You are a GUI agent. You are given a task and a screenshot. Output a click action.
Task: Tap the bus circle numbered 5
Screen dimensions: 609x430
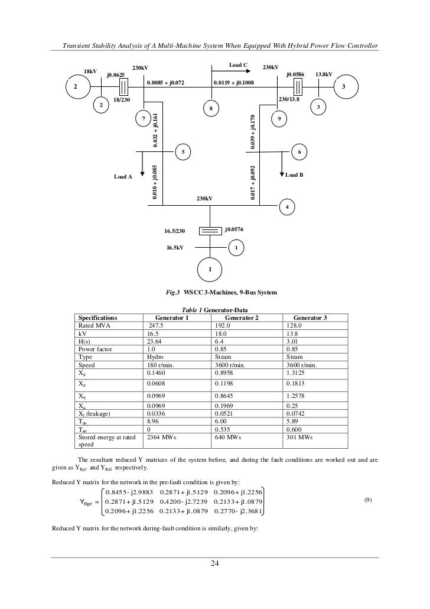click(183, 152)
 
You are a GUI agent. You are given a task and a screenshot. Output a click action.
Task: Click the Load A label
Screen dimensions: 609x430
click(123, 176)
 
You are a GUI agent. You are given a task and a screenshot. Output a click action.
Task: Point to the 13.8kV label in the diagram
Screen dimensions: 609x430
click(324, 74)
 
